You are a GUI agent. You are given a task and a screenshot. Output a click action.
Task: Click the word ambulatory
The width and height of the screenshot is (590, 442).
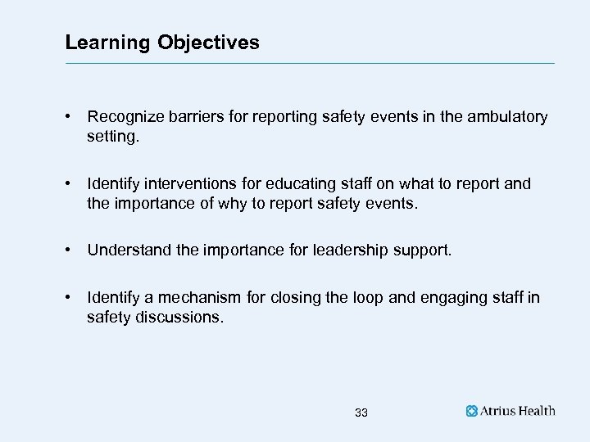pos(508,117)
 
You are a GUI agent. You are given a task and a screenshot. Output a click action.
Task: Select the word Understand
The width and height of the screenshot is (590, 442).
pos(126,250)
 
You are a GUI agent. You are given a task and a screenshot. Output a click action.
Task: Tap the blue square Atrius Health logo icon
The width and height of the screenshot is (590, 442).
pos(472,412)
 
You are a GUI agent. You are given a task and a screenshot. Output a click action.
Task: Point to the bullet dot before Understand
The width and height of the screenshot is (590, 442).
pos(71,250)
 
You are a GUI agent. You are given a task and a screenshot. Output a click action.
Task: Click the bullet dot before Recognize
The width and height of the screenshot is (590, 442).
pos(71,117)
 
